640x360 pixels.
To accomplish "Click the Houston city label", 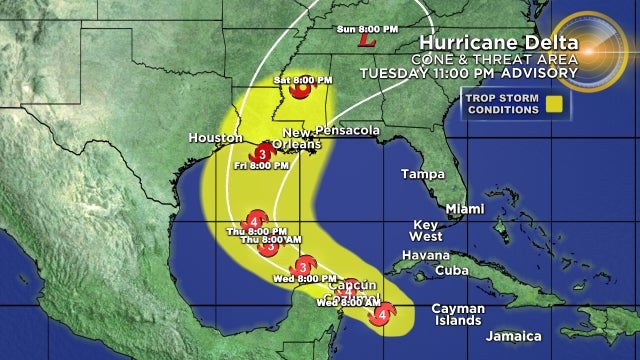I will pos(215,138).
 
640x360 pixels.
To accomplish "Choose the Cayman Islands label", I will pos(459,315).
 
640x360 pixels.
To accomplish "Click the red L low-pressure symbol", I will pos(367,42).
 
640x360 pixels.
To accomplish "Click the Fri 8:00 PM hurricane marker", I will pos(261,154).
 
